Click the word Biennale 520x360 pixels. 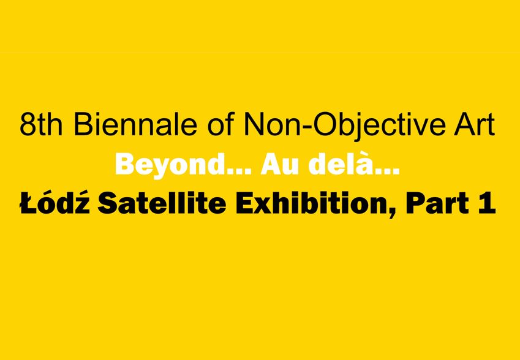point(136,125)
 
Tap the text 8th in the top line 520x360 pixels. point(41,125)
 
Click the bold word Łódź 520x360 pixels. point(55,202)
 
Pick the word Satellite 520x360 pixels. point(162,203)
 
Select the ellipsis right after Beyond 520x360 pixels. point(237,171)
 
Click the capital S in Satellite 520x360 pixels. point(107,203)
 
